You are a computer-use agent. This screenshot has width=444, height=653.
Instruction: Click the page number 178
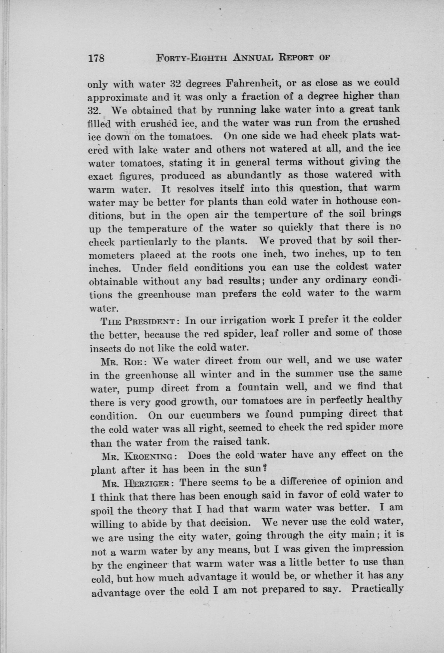96,59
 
